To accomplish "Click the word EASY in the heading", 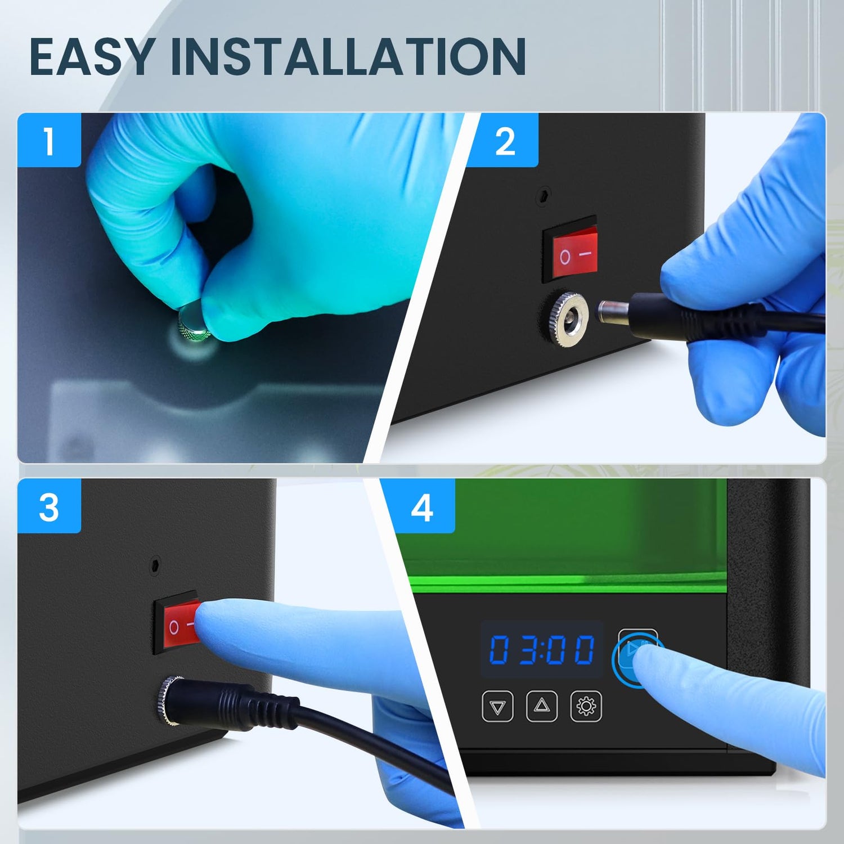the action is coord(92,56).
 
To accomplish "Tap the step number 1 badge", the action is coord(50,140).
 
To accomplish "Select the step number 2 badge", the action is coord(505,140).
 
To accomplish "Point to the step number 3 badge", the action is coord(50,506).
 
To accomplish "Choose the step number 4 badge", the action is coord(422,506).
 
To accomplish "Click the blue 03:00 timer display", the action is coord(541,649).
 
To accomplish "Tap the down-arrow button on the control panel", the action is coord(498,706).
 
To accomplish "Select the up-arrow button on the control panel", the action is coord(542,706).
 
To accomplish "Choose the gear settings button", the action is coord(586,706).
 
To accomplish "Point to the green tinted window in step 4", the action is coord(563,535).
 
